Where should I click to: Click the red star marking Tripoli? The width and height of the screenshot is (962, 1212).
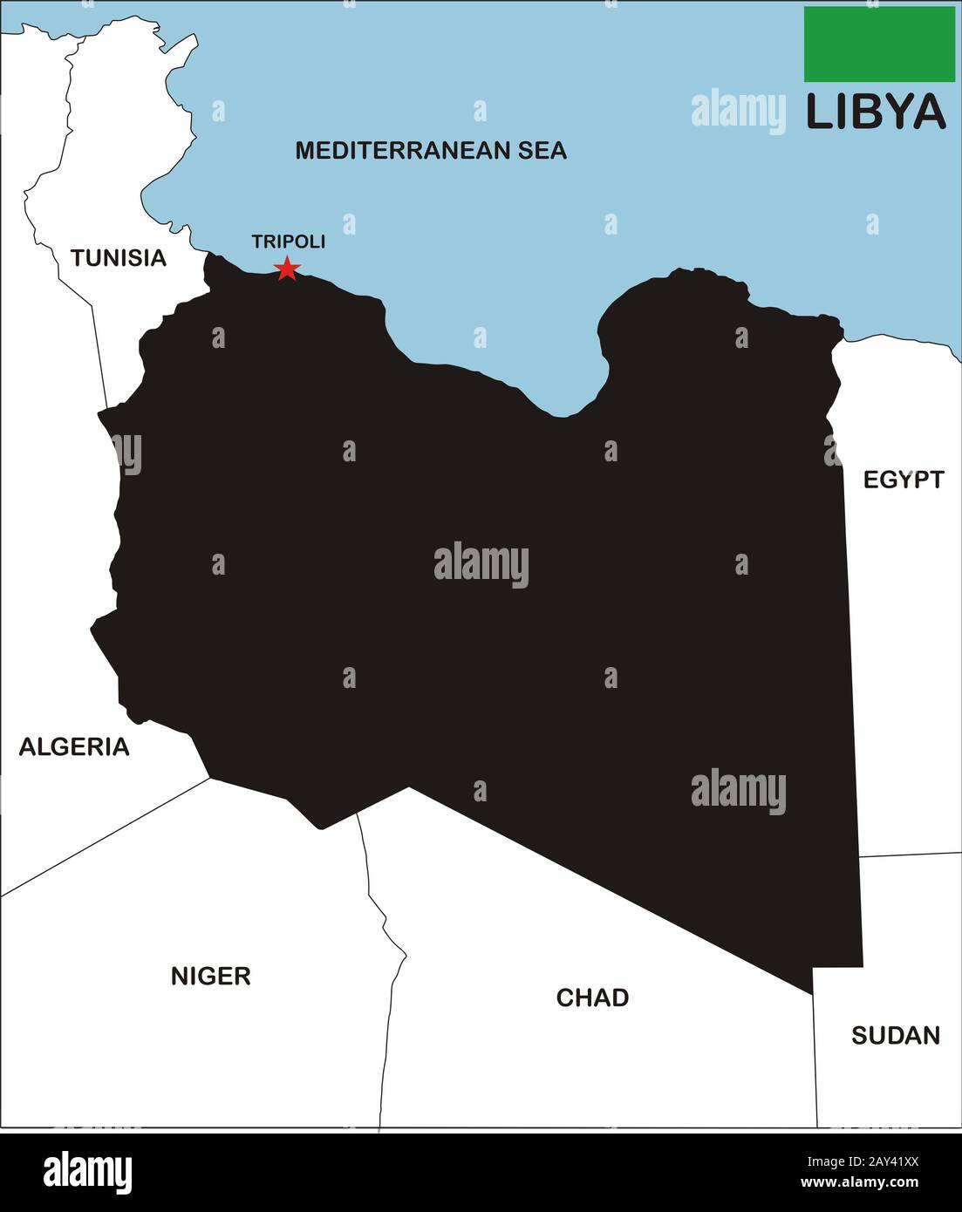click(287, 269)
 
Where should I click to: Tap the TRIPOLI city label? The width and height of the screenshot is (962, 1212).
click(288, 242)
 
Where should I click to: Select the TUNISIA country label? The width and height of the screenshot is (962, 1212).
click(119, 258)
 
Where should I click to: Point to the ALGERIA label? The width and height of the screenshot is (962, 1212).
click(74, 746)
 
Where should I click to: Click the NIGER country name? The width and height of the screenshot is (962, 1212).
click(210, 976)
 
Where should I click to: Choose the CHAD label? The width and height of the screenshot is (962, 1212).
click(592, 998)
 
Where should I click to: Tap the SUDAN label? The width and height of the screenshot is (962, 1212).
click(896, 1035)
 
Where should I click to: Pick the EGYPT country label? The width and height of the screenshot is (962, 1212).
click(904, 480)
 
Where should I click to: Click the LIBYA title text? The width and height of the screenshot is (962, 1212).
click(875, 112)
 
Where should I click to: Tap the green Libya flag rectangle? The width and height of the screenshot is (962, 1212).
click(879, 44)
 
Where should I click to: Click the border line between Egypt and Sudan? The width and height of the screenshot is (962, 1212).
click(907, 855)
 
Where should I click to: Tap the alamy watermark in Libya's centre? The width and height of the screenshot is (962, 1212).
click(481, 565)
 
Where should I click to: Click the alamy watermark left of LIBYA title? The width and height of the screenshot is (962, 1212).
click(738, 111)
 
